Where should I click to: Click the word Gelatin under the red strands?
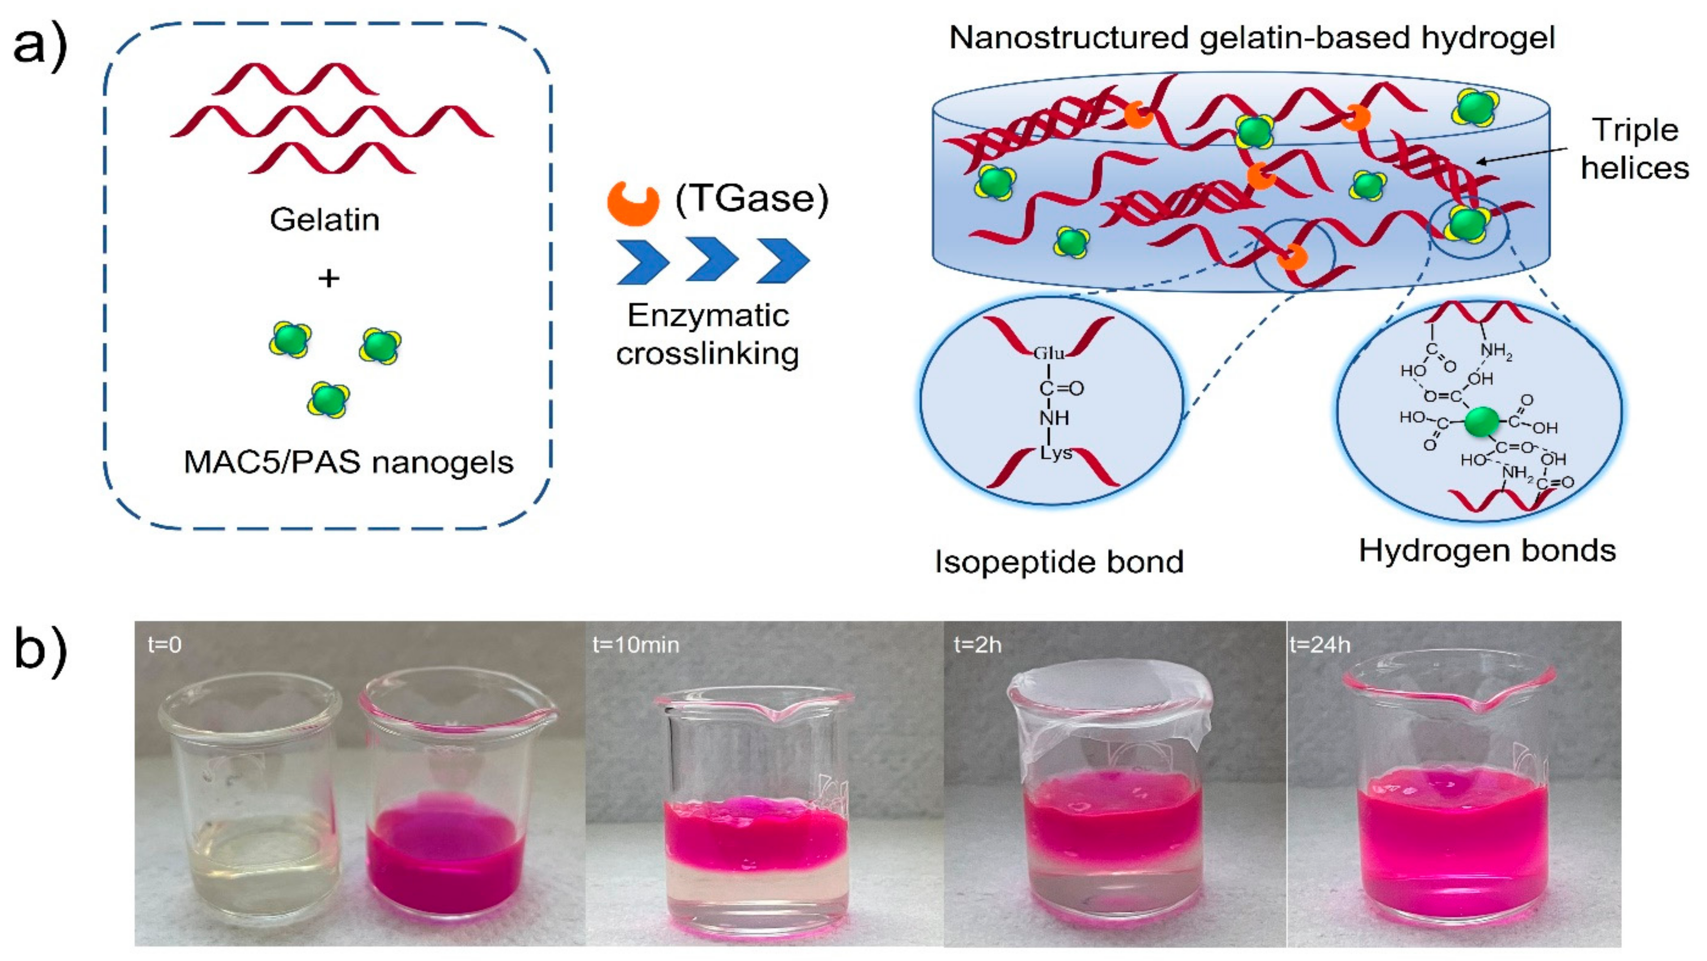coord(325,219)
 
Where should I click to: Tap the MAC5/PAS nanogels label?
coord(348,462)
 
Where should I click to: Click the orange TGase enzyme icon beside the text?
coord(633,204)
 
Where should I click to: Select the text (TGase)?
coord(752,198)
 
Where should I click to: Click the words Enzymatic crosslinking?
coord(708,335)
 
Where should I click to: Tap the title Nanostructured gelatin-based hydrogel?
coord(1251,37)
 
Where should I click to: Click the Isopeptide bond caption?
coord(1059,561)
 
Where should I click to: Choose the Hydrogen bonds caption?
coord(1487,550)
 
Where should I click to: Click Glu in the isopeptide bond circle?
coord(1049,353)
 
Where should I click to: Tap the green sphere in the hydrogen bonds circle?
coord(1482,422)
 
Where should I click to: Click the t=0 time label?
coord(164,644)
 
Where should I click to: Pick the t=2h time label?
coord(977,644)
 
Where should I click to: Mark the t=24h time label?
coord(1319,644)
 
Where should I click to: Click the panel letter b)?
coord(40,651)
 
